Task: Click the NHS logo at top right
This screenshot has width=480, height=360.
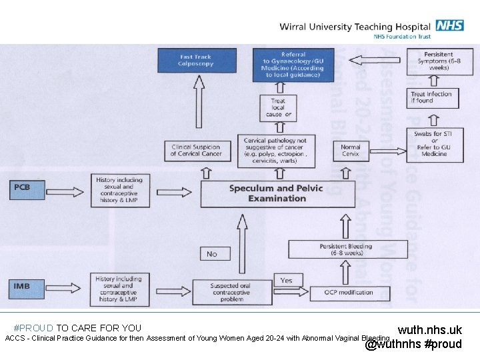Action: (x=450, y=26)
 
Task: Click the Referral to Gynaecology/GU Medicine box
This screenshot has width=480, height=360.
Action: (x=293, y=65)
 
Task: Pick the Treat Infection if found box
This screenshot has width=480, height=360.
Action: (x=431, y=97)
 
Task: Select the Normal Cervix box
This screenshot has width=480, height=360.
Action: (x=351, y=150)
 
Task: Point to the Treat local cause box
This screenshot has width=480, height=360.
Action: (x=279, y=108)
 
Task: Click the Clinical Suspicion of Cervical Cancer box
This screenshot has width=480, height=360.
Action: (x=195, y=151)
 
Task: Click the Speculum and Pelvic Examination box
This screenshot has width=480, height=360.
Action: (x=277, y=193)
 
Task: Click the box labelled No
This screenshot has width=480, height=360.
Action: (x=211, y=253)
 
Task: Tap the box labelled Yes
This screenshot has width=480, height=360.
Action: (x=287, y=280)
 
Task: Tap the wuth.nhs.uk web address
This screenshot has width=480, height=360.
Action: (x=429, y=330)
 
